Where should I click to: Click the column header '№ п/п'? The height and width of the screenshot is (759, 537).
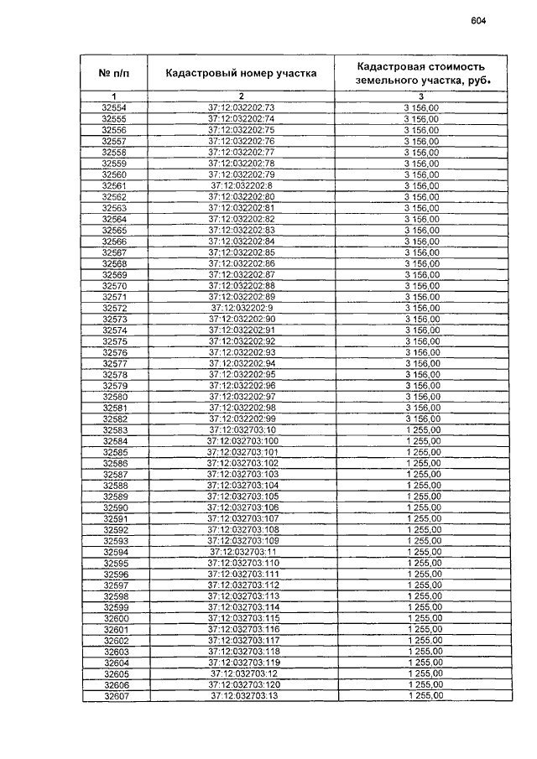113,73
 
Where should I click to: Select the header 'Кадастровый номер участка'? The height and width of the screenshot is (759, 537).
241,73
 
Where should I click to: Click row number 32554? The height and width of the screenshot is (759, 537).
113,107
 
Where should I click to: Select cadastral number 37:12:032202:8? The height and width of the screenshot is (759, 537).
241,185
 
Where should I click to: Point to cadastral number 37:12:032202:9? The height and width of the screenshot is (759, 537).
241,308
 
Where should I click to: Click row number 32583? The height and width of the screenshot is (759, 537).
113,429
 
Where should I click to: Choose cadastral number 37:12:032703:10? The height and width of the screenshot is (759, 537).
241,429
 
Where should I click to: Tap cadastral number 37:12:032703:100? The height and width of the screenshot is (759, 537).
241,441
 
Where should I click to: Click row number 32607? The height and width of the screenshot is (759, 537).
115,695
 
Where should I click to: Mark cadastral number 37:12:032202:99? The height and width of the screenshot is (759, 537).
241,418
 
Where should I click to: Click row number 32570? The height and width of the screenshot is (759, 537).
113,285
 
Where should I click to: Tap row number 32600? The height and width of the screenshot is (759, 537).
115,618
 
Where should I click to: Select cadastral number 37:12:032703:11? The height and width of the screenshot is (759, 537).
242,552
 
